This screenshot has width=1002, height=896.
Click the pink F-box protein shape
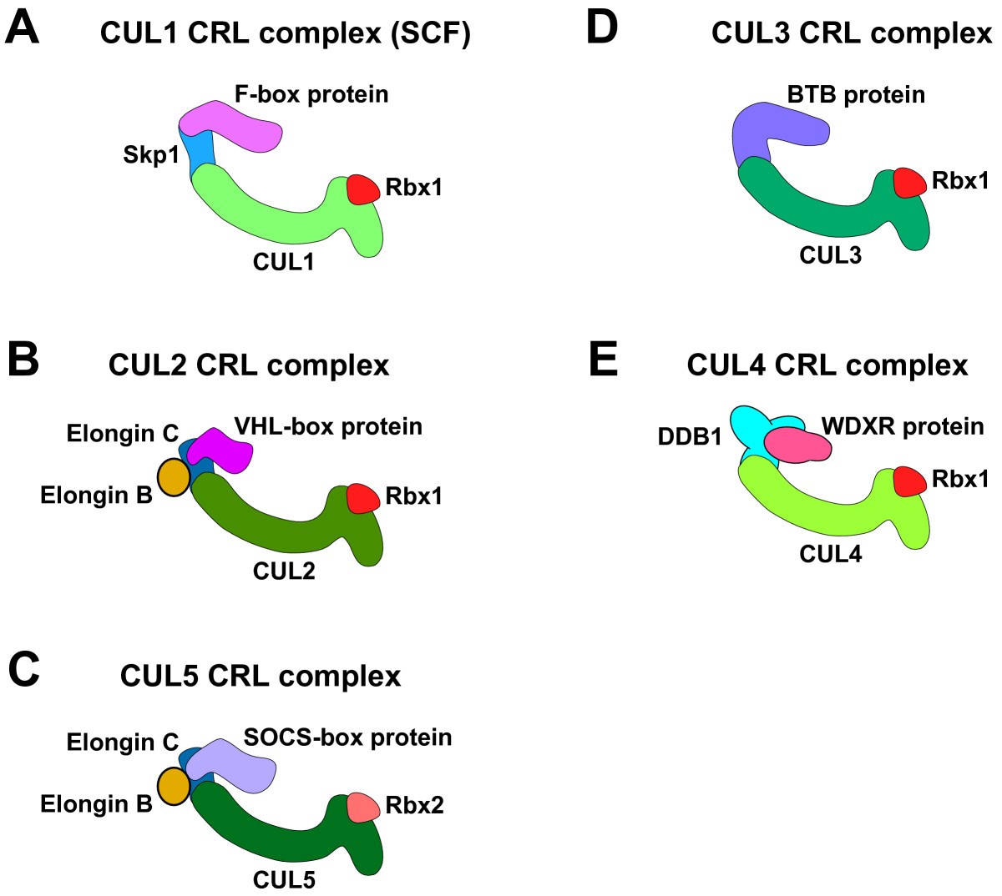(x=234, y=126)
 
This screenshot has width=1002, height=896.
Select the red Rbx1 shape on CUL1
(x=363, y=189)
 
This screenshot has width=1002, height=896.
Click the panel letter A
(x=22, y=30)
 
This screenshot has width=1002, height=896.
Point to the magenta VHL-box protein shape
(x=221, y=451)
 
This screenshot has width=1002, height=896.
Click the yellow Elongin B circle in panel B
(x=174, y=477)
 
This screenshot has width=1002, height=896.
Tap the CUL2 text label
(x=284, y=571)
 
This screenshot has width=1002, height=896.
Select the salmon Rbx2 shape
(x=363, y=807)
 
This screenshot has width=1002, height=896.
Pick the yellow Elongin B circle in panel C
(x=174, y=786)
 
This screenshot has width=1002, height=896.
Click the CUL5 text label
(x=284, y=880)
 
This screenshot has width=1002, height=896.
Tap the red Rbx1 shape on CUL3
(x=909, y=183)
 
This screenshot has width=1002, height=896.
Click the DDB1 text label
(x=690, y=436)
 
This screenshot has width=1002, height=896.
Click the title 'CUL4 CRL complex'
(x=827, y=365)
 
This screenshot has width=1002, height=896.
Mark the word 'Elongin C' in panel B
(x=123, y=434)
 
